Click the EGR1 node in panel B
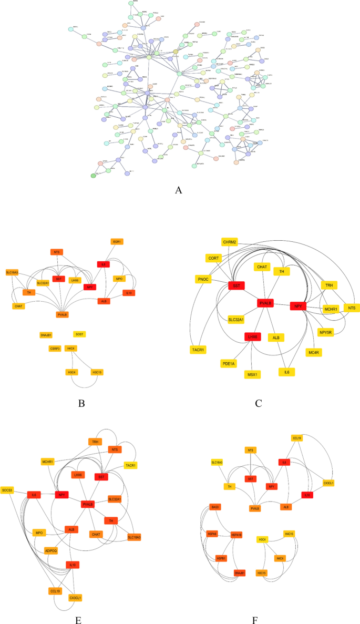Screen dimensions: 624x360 pos(117,241)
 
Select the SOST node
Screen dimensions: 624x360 pos(79,334)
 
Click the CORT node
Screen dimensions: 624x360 pos(213,258)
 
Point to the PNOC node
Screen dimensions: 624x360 pos(204,279)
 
